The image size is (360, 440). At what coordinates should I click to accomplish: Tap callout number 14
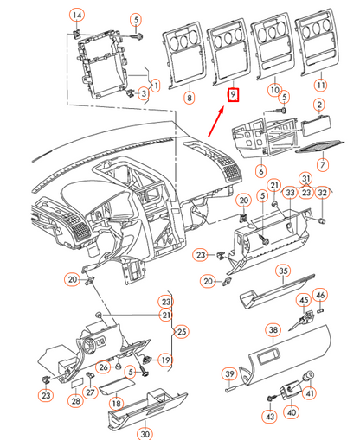[x=78, y=16]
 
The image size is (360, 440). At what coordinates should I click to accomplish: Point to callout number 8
[x=189, y=99]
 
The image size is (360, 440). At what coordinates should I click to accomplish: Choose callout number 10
[x=274, y=90]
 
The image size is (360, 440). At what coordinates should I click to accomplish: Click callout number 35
[x=282, y=271]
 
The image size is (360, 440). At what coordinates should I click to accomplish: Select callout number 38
[x=273, y=329]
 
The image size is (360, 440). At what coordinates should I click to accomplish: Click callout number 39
[x=230, y=373]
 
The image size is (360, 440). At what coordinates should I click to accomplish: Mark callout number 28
[x=76, y=400]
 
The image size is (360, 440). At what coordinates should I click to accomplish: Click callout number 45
[x=304, y=300]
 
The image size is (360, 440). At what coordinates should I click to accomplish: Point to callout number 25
[x=181, y=331]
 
